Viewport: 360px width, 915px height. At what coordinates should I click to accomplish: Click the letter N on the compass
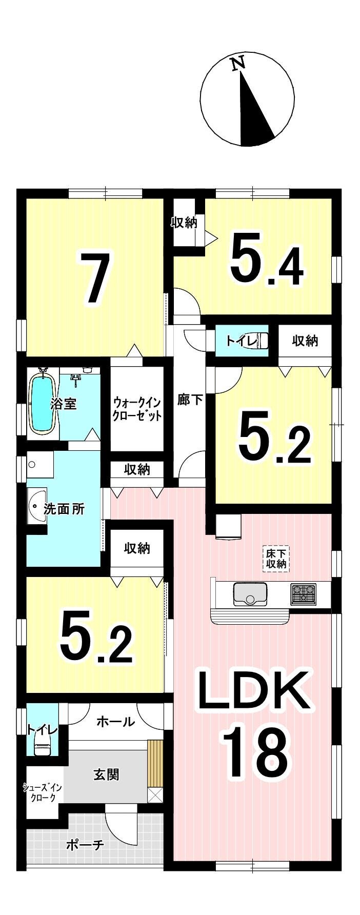[x=237, y=64]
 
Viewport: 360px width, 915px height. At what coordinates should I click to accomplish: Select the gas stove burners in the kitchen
[x=304, y=593]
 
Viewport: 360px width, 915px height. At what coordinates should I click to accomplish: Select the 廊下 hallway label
[x=190, y=400]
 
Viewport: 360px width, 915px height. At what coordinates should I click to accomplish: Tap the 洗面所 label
[x=64, y=509]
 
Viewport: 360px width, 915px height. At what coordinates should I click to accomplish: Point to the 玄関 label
[x=106, y=774]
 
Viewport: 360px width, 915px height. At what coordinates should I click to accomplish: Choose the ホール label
[x=115, y=722]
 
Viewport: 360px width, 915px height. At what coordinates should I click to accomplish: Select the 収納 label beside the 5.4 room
[x=184, y=223]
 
